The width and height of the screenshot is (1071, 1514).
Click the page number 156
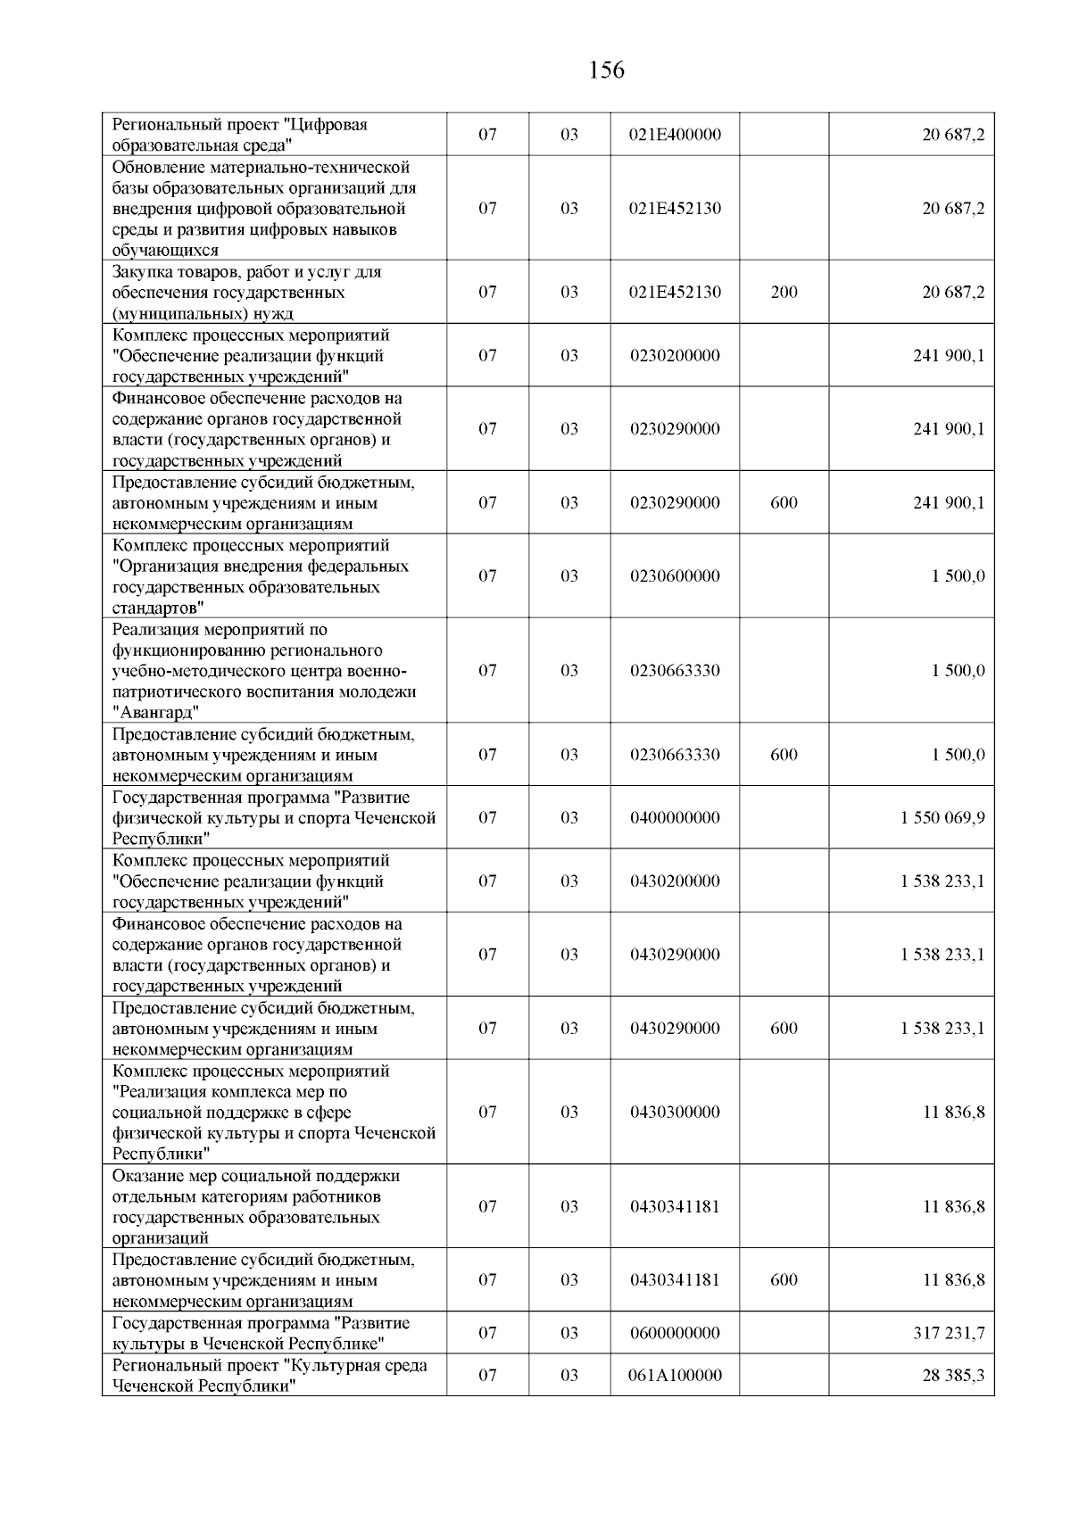point(607,70)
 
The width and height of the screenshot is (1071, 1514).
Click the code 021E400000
point(675,136)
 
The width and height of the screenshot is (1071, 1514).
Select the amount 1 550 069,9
point(942,818)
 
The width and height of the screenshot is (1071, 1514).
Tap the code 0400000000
point(675,818)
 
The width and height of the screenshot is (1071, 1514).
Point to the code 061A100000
point(675,1376)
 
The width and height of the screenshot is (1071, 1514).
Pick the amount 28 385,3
point(953,1376)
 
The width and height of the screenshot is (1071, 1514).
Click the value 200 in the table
point(784,293)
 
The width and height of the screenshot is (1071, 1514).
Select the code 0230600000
point(675,576)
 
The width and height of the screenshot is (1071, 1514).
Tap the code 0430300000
point(675,1113)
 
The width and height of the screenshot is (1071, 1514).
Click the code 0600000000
point(675,1334)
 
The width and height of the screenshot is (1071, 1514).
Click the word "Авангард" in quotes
point(156,713)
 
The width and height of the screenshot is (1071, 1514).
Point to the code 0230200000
point(675,356)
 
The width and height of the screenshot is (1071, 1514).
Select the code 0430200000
point(675,881)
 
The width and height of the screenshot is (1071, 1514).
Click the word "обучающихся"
point(165,251)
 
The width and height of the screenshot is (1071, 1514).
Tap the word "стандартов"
point(158,608)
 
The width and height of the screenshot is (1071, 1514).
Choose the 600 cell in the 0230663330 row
point(784,755)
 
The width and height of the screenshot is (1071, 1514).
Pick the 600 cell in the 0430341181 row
point(784,1280)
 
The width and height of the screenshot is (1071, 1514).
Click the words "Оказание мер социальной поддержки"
point(256,1176)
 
